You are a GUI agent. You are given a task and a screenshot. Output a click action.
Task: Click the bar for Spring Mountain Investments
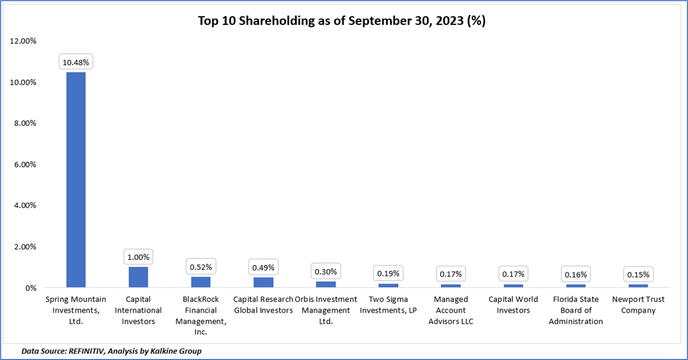76,180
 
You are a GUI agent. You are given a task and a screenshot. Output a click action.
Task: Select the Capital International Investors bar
138,277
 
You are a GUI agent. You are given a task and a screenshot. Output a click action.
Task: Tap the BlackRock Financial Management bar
201,282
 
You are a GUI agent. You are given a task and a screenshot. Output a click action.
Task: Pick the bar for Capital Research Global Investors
263,282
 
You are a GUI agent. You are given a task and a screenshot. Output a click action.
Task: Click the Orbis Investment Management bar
326,284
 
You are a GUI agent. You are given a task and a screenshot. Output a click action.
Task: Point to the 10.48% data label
76,62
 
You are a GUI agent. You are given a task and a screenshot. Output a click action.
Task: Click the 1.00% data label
138,257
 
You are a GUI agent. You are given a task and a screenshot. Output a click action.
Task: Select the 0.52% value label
201,267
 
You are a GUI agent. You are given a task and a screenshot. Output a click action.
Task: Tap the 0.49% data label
263,267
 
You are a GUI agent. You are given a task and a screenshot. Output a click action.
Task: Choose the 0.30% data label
326,271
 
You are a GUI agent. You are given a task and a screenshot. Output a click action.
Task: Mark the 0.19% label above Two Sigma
388,274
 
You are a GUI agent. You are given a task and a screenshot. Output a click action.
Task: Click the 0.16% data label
576,274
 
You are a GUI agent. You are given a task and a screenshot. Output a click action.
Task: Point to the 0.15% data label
638,274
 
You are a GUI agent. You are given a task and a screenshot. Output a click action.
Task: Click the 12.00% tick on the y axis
23,41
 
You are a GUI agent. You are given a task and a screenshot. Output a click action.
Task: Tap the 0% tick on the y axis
30,288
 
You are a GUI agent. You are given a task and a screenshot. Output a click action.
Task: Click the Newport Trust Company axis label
638,305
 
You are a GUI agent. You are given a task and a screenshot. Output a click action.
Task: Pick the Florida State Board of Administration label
576,310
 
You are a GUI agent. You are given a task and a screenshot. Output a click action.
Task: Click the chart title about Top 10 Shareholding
341,21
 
